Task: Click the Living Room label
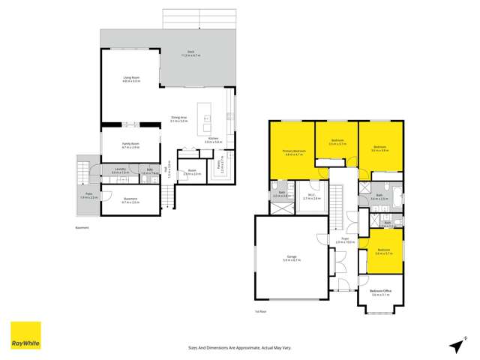pyautogui.click(x=131, y=79)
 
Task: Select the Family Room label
pyautogui.click(x=131, y=146)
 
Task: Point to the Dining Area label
pyautogui.click(x=178, y=119)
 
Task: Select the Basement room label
pyautogui.click(x=130, y=200)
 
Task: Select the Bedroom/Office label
pyautogui.click(x=381, y=292)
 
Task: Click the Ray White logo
pyautogui.click(x=25, y=335)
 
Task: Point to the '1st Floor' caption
pyautogui.click(x=259, y=310)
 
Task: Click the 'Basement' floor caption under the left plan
pyautogui.click(x=82, y=227)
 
